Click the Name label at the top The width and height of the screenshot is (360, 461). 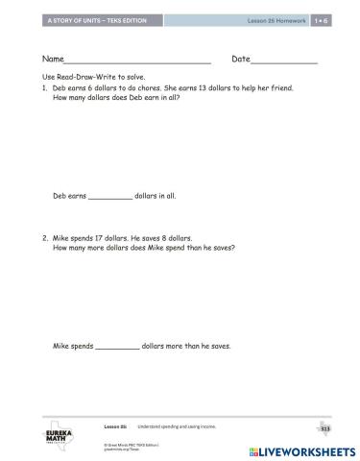tap(53, 60)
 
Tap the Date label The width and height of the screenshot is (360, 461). tap(240, 60)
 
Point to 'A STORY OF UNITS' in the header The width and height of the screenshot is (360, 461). tap(67, 20)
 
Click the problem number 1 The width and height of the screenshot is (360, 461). tap(45, 85)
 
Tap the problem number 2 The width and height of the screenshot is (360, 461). tap(45, 237)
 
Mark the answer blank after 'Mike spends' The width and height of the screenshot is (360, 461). tap(118, 346)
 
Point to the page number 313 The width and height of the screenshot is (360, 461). tap(324, 427)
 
